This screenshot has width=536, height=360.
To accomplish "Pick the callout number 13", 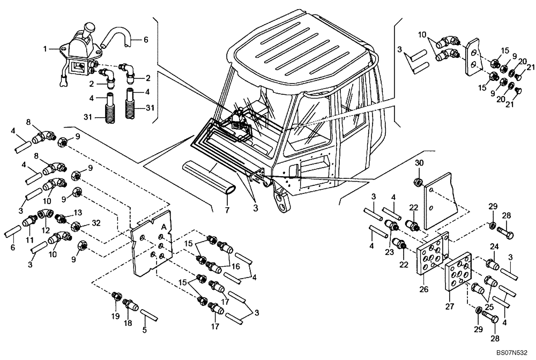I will click(x=78, y=212).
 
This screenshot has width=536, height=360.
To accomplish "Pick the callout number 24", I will click(x=494, y=246).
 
